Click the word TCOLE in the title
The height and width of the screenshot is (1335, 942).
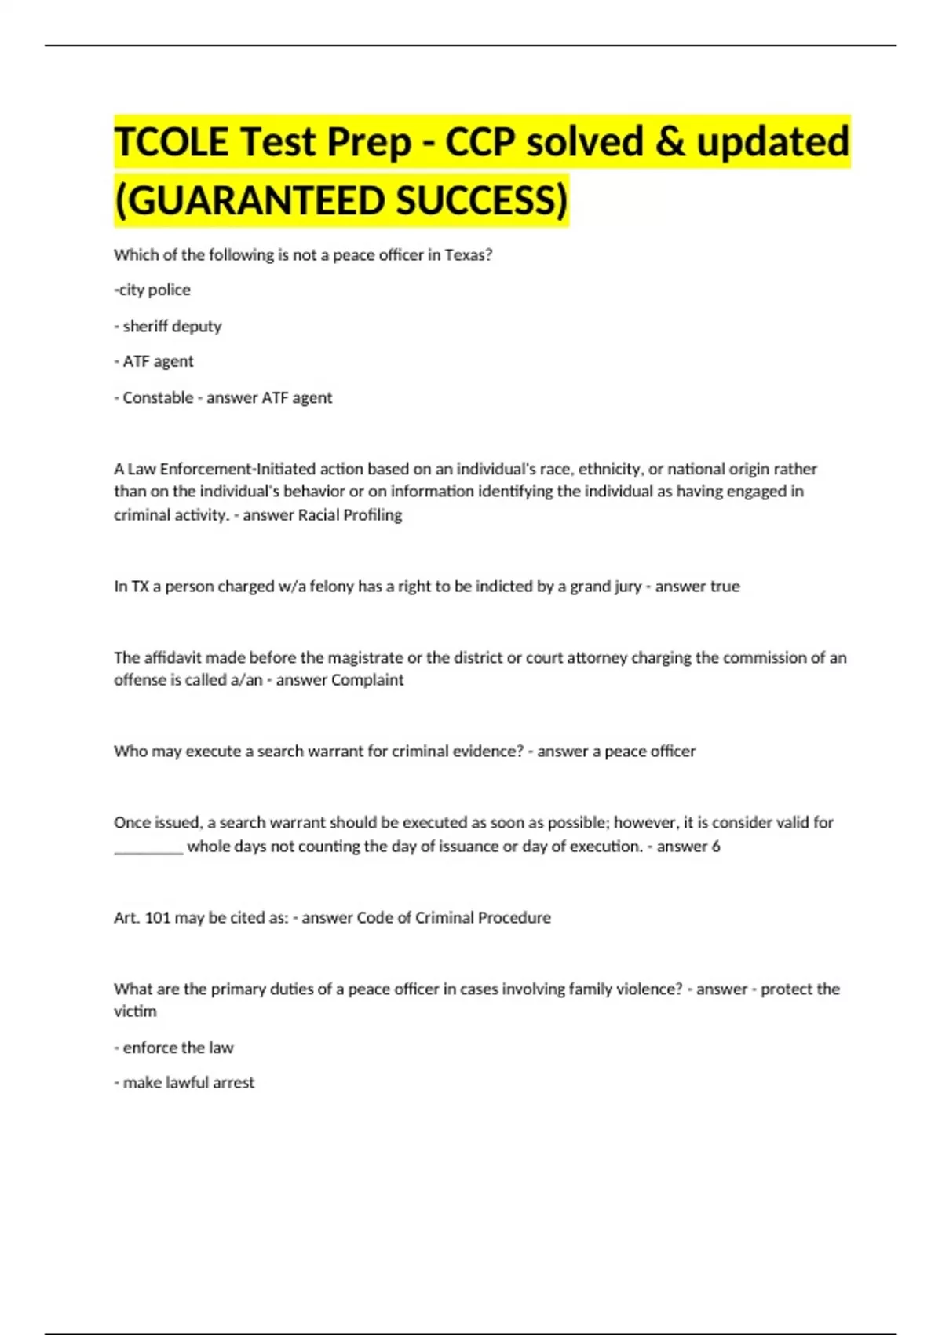click(x=171, y=142)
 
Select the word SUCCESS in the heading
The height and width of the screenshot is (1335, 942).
click(x=480, y=200)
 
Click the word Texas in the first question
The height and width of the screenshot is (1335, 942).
click(x=469, y=255)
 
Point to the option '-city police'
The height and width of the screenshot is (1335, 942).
click(x=152, y=290)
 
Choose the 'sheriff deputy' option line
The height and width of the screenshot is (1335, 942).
click(x=168, y=326)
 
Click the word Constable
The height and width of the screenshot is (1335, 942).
click(x=158, y=397)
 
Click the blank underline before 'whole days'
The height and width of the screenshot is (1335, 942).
click(x=148, y=847)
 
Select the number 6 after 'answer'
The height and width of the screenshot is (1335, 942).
click(x=715, y=847)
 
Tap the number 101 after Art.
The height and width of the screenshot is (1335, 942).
click(x=158, y=917)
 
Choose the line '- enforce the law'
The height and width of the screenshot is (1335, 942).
click(x=174, y=1048)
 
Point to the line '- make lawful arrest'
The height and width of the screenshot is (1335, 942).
click(x=184, y=1082)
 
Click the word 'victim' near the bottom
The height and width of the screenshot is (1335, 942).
click(x=135, y=1011)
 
